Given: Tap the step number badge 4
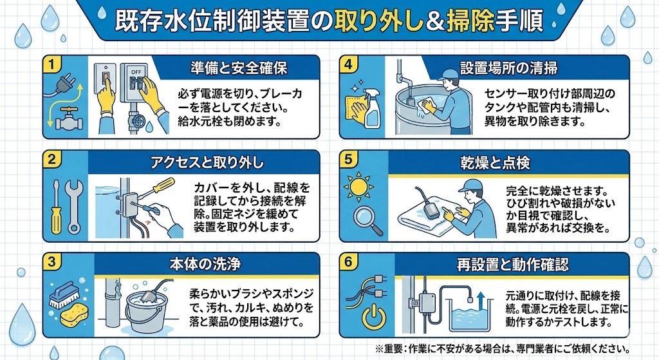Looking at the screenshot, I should (x=348, y=64).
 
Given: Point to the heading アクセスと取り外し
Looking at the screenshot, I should (x=217, y=162).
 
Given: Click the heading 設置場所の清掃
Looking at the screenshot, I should (x=508, y=67).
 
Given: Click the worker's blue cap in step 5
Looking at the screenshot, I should (x=469, y=185).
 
